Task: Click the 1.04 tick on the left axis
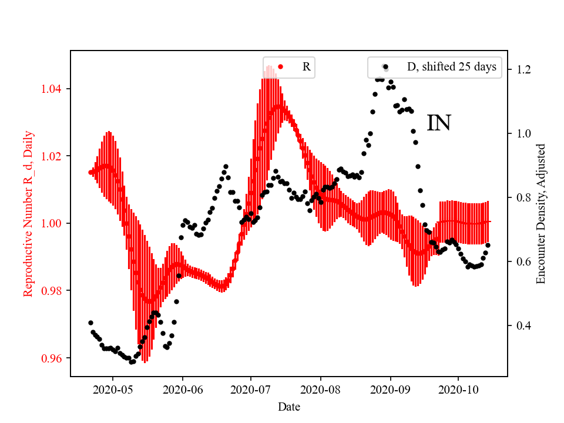click(x=53, y=89)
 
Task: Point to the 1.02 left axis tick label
click(x=53, y=156)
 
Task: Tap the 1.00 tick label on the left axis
click(x=53, y=224)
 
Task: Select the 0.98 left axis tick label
click(x=53, y=291)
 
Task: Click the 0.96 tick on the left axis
click(x=53, y=358)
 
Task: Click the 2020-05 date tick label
click(x=113, y=389)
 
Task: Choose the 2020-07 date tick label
click(x=251, y=389)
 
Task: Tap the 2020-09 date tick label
click(x=391, y=389)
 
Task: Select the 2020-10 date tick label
click(x=458, y=389)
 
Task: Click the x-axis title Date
click(x=289, y=406)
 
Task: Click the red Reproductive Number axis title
click(x=28, y=213)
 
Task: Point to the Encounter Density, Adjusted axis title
click(x=541, y=213)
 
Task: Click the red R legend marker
click(x=280, y=67)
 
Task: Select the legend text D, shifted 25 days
click(x=451, y=67)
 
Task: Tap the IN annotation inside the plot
click(x=438, y=123)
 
